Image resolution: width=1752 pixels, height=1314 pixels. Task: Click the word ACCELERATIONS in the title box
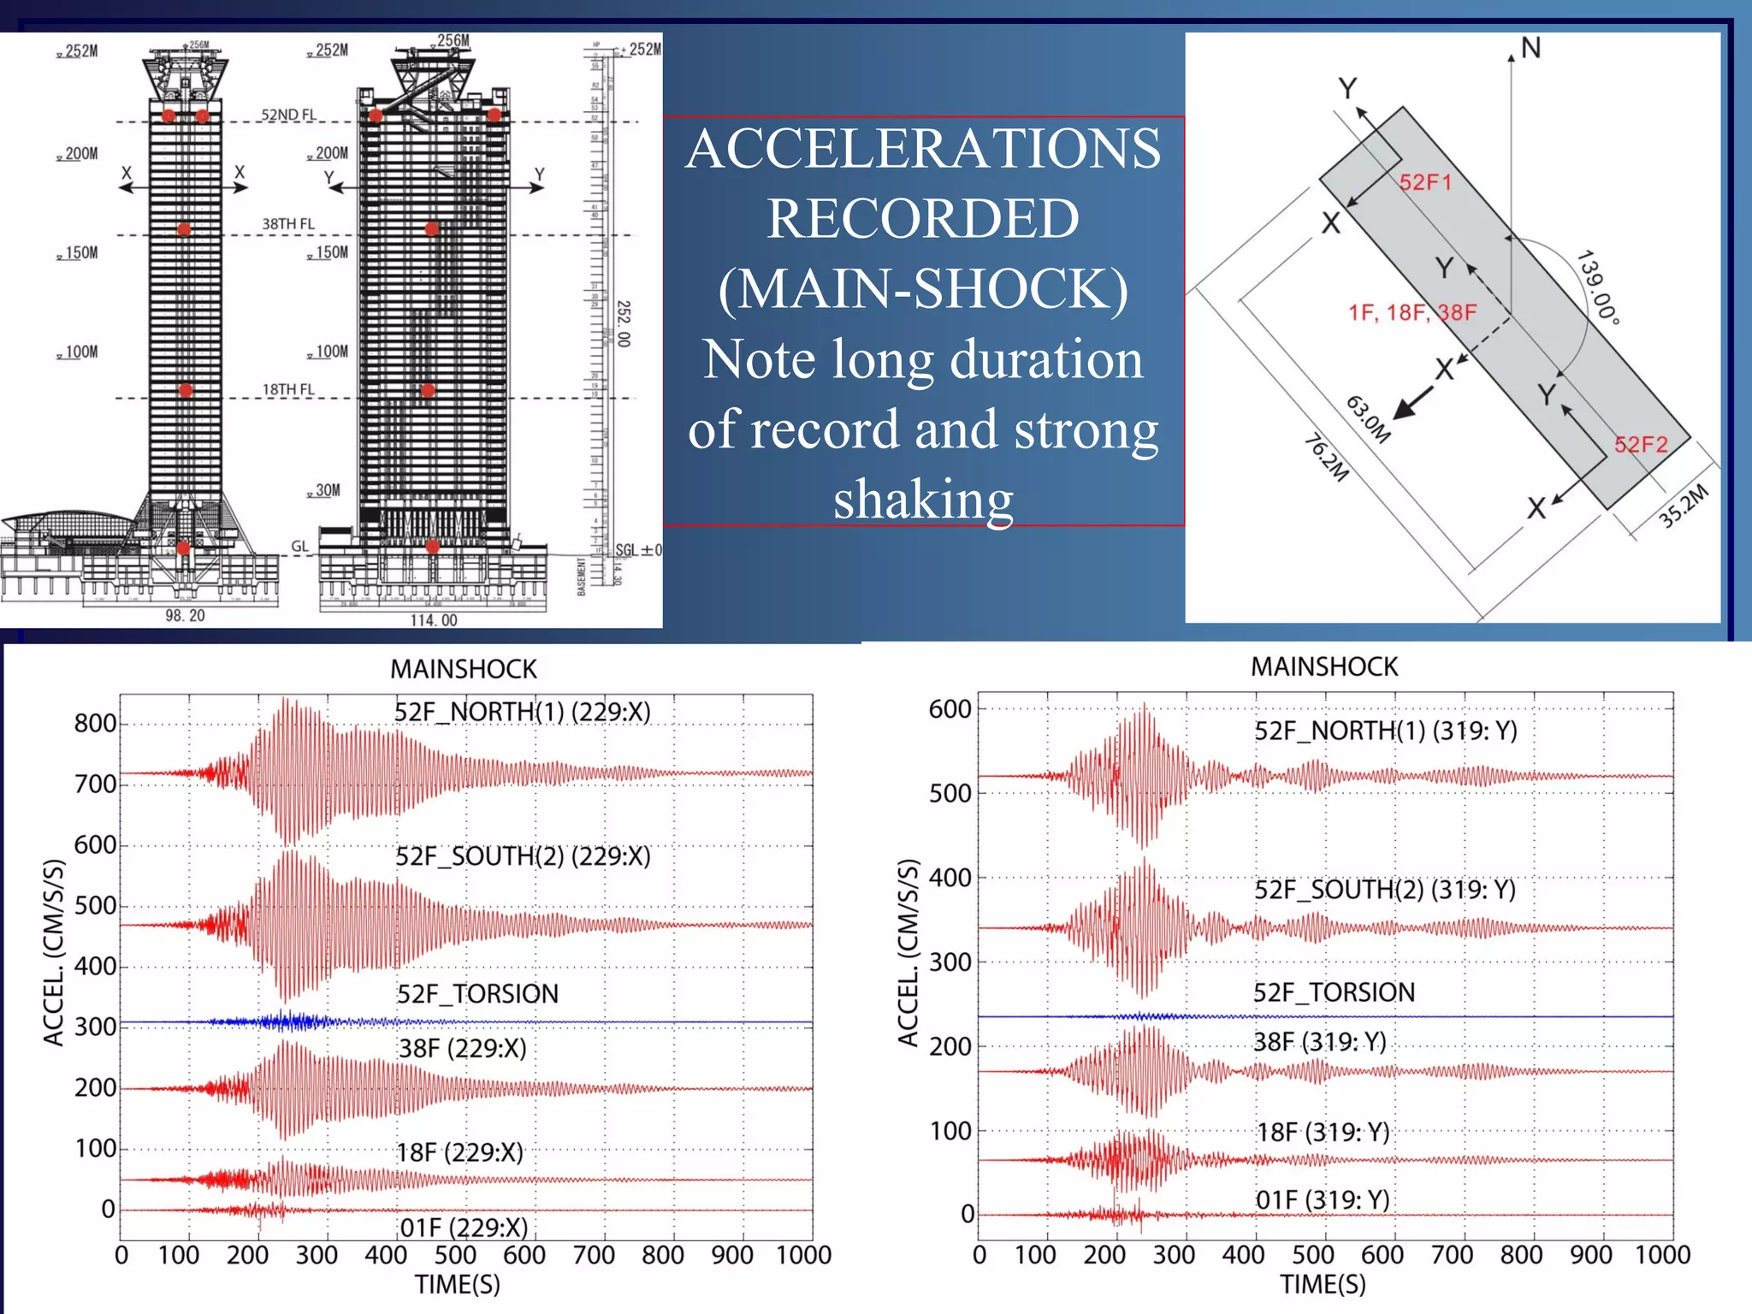923,149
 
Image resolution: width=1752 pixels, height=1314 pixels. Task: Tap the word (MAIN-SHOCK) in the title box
923,289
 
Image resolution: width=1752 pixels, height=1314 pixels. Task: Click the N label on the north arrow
1530,49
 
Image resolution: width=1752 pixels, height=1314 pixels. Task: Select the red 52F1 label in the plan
1425,182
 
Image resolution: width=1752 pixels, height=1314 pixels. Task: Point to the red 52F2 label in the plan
1641,445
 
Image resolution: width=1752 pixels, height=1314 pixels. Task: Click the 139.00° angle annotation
1598,287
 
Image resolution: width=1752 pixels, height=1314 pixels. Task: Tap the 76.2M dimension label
1326,458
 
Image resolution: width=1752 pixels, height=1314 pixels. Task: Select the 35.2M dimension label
1683,506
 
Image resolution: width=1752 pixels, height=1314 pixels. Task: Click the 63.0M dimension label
1368,419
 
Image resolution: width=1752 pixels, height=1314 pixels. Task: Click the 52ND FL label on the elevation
288,115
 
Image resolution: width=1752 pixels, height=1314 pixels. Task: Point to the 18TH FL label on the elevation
288,389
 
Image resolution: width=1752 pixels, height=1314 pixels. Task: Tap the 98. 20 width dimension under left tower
185,615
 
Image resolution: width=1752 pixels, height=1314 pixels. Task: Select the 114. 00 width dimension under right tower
434,620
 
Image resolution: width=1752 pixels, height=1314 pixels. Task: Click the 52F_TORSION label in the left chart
477,994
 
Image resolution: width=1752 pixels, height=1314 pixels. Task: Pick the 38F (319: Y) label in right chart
1319,1042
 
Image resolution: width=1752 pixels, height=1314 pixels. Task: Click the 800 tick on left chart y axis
95,724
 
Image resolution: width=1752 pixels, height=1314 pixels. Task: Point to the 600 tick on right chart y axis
950,709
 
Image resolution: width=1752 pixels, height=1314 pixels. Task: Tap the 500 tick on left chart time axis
454,1255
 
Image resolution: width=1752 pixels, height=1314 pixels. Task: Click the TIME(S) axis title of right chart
1323,1284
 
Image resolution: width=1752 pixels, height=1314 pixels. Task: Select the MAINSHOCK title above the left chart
463,669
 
